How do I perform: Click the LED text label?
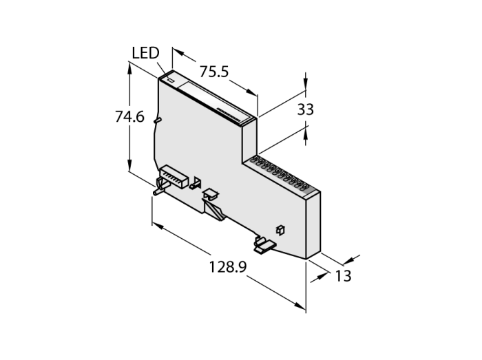pyautogui.click(x=145, y=53)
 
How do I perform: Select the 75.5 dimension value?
pyautogui.click(x=214, y=70)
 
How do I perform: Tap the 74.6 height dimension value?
pyautogui.click(x=129, y=118)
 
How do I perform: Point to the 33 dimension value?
pyautogui.click(x=306, y=109)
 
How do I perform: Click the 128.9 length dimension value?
pyautogui.click(x=228, y=267)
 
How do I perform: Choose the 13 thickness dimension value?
pyautogui.click(x=343, y=276)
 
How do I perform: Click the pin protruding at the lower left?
pyautogui.click(x=158, y=190)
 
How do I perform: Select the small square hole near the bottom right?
pyautogui.click(x=280, y=229)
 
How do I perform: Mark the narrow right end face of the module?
pyautogui.click(x=313, y=224)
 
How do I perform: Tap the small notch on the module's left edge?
pyautogui.click(x=158, y=121)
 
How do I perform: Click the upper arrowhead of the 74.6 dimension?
pyautogui.click(x=129, y=65)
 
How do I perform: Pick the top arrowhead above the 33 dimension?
pyautogui.click(x=306, y=87)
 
